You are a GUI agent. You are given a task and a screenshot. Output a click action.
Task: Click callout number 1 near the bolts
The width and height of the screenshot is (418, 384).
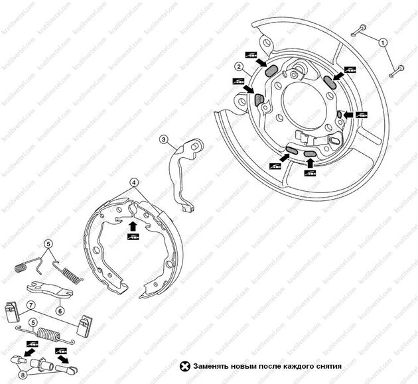coord(383,42)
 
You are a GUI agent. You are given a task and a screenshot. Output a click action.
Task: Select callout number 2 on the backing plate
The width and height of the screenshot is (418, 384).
coord(237,66)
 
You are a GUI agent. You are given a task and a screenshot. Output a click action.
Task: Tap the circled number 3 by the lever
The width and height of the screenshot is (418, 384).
coord(163,140)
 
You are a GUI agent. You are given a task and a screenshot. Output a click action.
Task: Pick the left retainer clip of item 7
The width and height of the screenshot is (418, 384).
coord(10,312)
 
